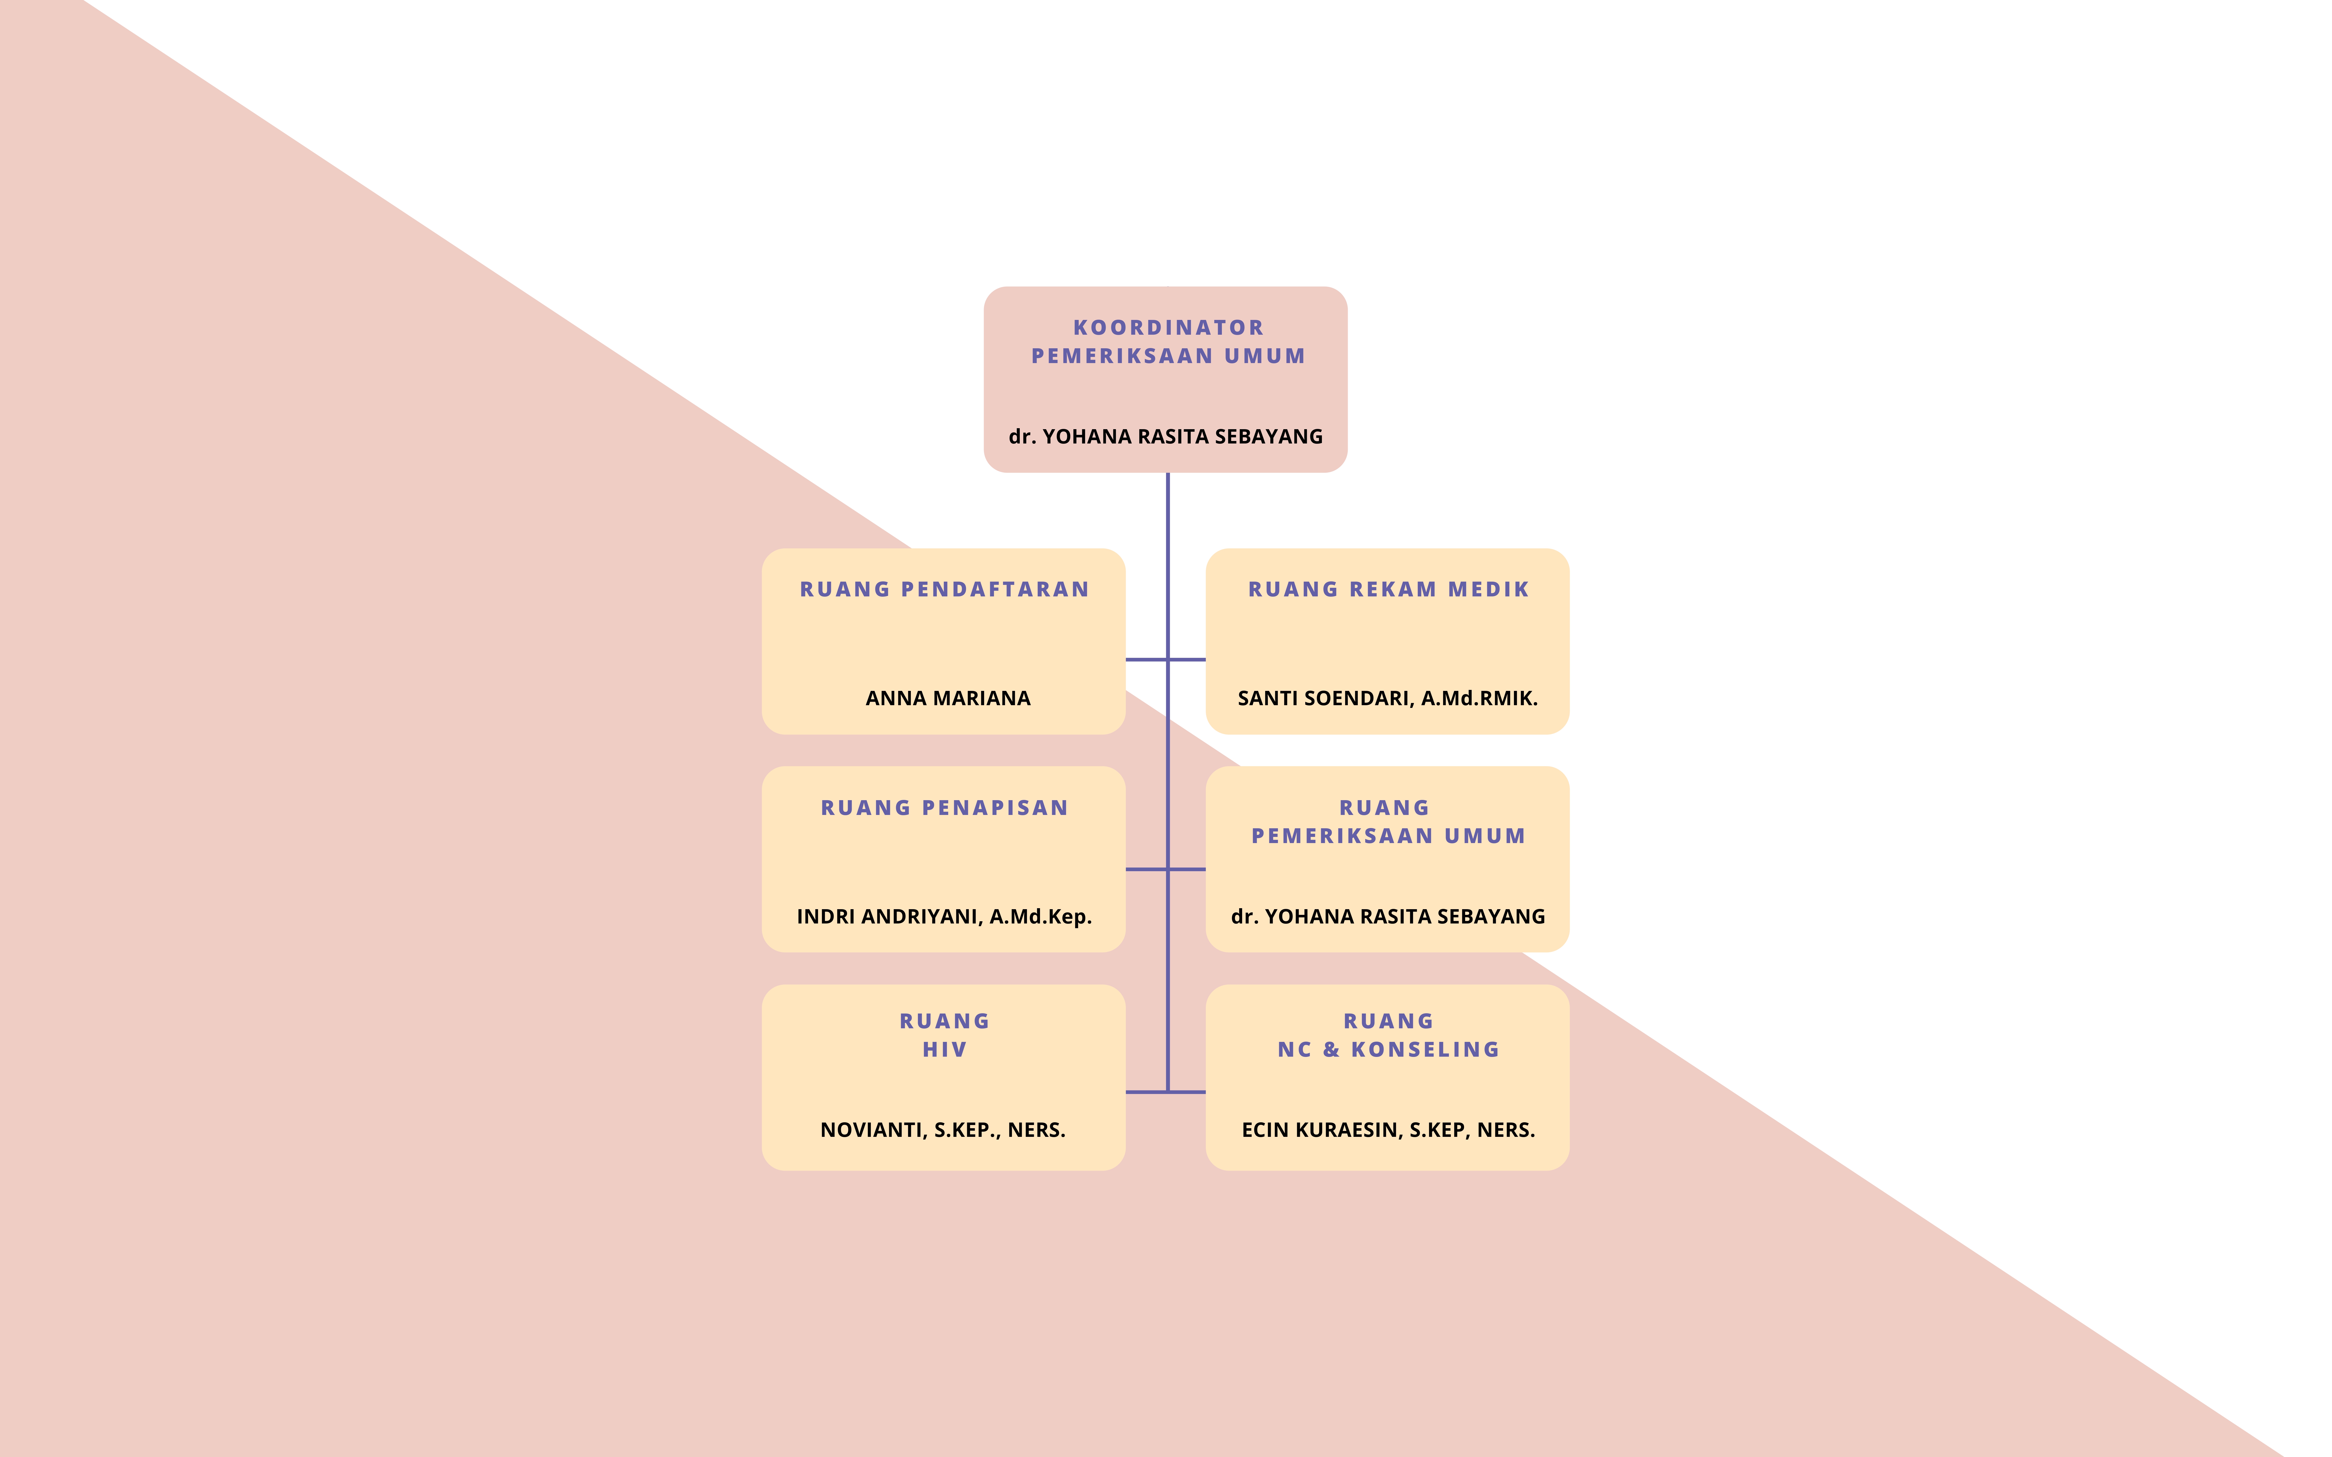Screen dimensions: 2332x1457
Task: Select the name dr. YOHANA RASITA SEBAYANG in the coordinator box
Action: coord(1166,437)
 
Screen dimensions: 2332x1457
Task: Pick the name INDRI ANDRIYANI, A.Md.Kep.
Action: coord(944,916)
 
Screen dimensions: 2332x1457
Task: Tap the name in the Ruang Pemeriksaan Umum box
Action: coord(1387,916)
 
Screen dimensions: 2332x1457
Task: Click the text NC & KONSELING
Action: coord(1388,1049)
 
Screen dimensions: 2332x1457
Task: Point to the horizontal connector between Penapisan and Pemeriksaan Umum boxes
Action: coord(1166,869)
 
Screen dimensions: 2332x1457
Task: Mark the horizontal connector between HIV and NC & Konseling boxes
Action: coord(1166,1092)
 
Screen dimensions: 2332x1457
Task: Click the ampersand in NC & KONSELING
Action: coord(1331,1049)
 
